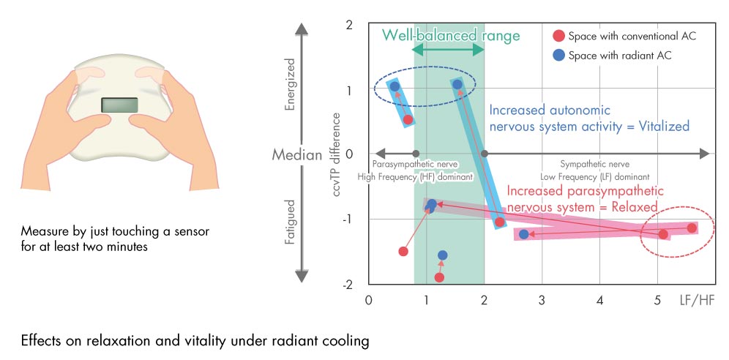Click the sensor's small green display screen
click(x=119, y=105)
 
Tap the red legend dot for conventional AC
click(x=559, y=36)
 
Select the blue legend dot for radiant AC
click(x=559, y=56)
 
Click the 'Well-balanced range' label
click(x=451, y=35)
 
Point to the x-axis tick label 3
click(x=542, y=300)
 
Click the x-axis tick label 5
click(x=657, y=300)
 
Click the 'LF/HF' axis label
click(x=696, y=300)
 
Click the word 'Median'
click(x=297, y=154)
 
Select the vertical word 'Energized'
click(x=290, y=84)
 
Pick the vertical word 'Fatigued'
click(x=290, y=222)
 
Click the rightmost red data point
click(x=692, y=228)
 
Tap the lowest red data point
click(x=439, y=278)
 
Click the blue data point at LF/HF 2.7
click(x=524, y=235)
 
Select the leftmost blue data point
click(x=395, y=86)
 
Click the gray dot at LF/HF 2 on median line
click(x=485, y=154)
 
